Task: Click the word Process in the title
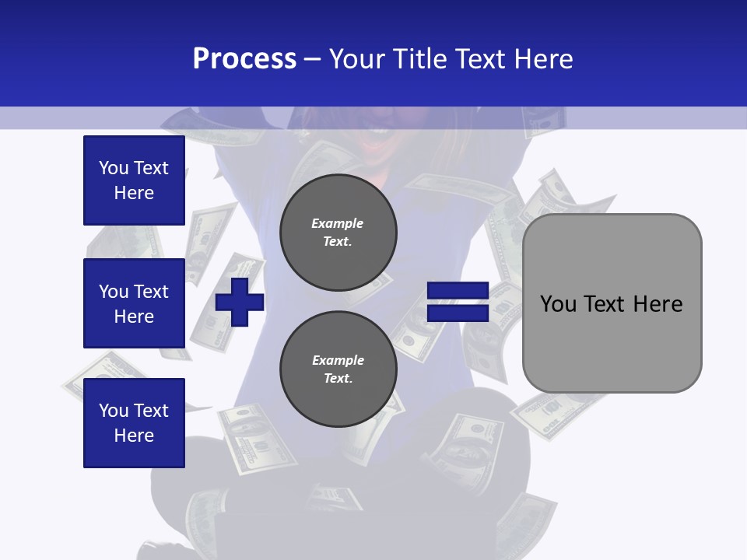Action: (x=244, y=59)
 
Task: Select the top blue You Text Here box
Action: (x=134, y=180)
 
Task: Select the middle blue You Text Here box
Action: (x=134, y=303)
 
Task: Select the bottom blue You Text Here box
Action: (x=134, y=423)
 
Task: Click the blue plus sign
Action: (x=240, y=302)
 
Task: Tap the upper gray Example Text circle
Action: (x=338, y=233)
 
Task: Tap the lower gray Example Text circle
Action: (x=338, y=369)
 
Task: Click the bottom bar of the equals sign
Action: (x=458, y=313)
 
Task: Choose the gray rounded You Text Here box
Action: (x=612, y=303)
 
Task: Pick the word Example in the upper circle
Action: (x=338, y=224)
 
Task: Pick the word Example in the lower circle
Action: (x=338, y=361)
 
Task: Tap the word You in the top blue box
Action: (x=114, y=168)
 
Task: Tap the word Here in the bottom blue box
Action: (x=134, y=436)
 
